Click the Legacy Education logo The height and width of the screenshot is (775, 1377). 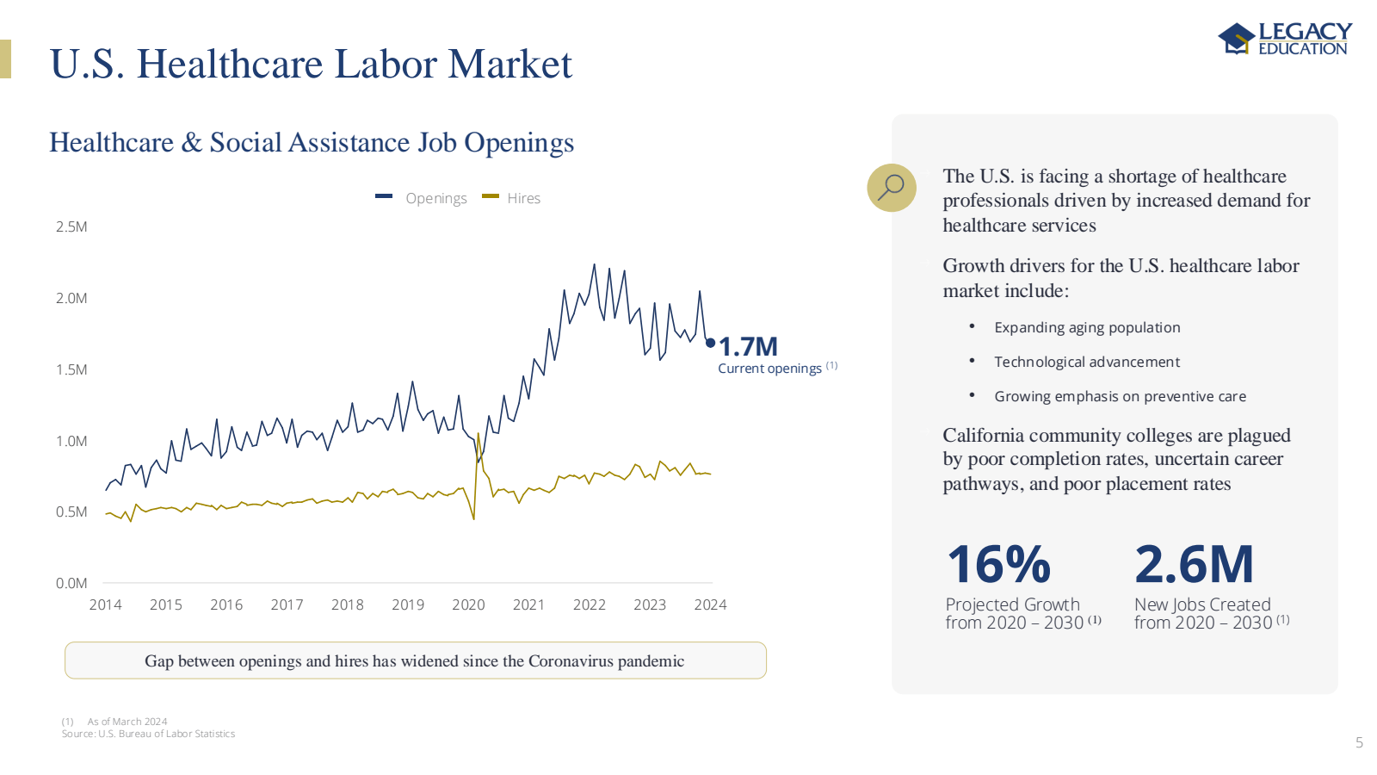pos(1284,39)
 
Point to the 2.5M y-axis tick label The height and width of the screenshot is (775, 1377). pos(71,226)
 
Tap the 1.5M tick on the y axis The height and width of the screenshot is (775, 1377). pos(71,369)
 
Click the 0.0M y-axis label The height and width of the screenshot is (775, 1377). pos(71,583)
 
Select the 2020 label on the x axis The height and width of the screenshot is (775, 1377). pos(468,604)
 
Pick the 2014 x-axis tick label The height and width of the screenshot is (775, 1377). pos(105,604)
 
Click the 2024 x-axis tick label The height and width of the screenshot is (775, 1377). pos(710,604)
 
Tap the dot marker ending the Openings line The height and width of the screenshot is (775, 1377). pos(710,343)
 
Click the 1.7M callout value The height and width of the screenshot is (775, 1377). pos(748,346)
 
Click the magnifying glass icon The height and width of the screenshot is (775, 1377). pos(891,187)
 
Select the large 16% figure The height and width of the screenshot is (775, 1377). pos(998,565)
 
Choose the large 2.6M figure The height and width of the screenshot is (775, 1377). pos(1194,565)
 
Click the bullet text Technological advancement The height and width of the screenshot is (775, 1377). pos(1086,362)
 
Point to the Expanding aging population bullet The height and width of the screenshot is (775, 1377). pos(1086,327)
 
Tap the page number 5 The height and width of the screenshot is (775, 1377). pos(1359,742)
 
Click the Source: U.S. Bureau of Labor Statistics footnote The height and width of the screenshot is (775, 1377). pos(148,734)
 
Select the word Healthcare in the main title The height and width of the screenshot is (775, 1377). pos(230,64)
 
